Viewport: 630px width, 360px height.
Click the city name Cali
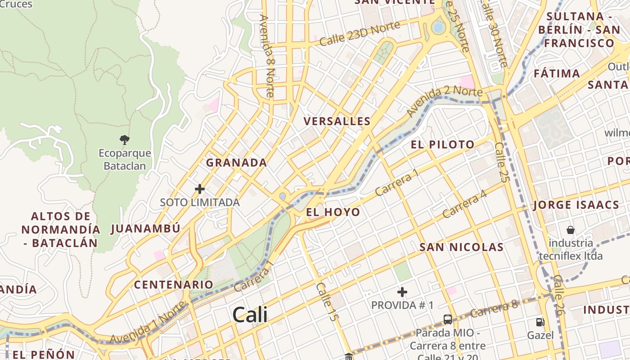tap(250, 315)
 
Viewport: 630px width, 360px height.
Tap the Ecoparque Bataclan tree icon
tap(125, 139)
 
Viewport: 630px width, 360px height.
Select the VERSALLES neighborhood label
tap(337, 121)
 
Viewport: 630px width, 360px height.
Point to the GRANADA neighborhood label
tap(237, 162)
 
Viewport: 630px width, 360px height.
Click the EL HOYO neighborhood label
tap(333, 212)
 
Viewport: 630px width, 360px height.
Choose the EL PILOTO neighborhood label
tap(443, 144)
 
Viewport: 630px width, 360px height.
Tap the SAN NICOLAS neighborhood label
tap(461, 247)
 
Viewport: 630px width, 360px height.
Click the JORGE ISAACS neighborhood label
tap(576, 205)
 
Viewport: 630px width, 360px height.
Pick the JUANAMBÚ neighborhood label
tap(145, 229)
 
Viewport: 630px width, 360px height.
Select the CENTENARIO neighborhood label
tap(174, 284)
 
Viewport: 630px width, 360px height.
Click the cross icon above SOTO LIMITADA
tap(200, 189)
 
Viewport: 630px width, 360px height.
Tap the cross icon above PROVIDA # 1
tap(402, 292)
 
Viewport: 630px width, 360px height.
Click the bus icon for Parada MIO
tap(448, 319)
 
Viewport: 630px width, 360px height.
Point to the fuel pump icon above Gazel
tap(540, 322)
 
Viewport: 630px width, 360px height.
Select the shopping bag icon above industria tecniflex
tap(571, 230)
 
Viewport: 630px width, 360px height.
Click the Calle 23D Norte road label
tap(360, 33)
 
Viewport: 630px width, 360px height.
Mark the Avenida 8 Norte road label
tap(267, 56)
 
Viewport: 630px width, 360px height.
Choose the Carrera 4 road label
tap(465, 203)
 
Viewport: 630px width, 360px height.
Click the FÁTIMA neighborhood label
tap(557, 73)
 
